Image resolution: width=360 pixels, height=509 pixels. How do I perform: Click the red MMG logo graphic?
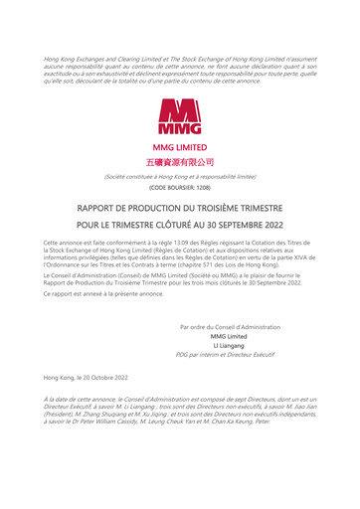point(180,117)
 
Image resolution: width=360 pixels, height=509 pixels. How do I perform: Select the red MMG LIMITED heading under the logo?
point(180,147)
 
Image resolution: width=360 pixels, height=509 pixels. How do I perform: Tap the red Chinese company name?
point(180,161)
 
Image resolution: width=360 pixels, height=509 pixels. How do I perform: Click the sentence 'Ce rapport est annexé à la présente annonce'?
point(103,294)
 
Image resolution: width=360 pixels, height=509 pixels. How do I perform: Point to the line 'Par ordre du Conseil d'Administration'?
point(230,327)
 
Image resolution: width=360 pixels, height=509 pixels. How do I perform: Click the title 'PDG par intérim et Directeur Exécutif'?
point(230,354)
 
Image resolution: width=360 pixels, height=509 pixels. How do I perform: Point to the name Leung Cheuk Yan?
point(183,420)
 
